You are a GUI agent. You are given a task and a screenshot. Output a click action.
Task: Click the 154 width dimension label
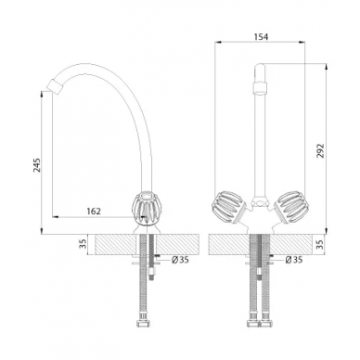pos(261,37)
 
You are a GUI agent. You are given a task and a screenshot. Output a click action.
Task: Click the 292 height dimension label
pos(321,150)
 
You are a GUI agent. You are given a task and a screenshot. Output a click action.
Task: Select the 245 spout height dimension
pos(36,165)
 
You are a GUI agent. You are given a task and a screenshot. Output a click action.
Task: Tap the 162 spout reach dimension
pos(94,212)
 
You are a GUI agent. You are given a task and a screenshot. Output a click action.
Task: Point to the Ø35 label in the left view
pos(180,260)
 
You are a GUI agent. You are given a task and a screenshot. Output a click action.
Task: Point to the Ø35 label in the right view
pos(294,260)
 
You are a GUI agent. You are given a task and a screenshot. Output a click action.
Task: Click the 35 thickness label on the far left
pos(83,244)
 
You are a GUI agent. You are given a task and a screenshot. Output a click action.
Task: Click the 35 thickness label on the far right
pos(320,244)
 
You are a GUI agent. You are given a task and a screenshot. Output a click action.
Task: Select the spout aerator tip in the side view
pos(55,85)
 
